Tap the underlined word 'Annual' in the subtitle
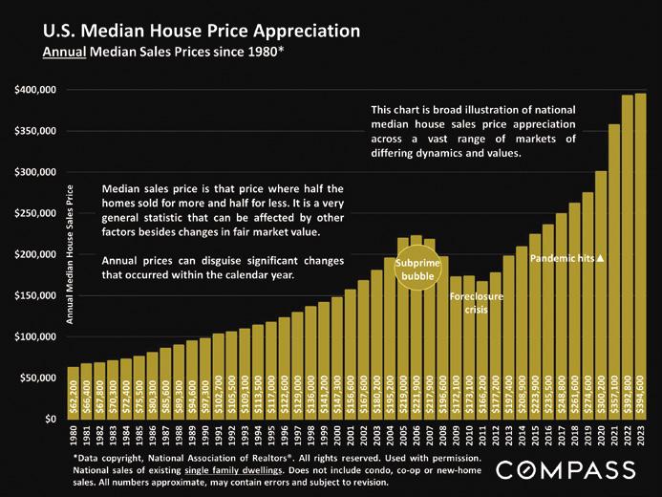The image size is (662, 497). [x=65, y=51]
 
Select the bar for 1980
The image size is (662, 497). [x=74, y=393]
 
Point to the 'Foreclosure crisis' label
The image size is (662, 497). [x=476, y=303]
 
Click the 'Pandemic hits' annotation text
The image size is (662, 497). [x=562, y=258]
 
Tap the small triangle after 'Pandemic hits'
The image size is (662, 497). [x=601, y=258]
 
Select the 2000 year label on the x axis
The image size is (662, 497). [x=337, y=436]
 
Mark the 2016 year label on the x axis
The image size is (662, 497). [x=548, y=436]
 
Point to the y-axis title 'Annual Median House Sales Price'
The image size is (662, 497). [x=70, y=253]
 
